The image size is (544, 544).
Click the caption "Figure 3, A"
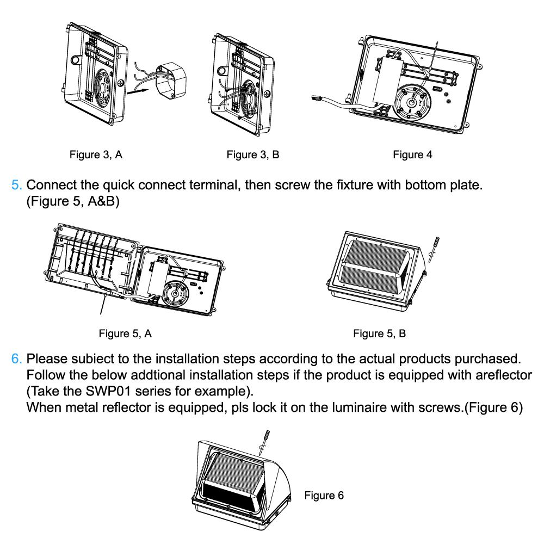point(96,155)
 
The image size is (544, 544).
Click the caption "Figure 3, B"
point(253,155)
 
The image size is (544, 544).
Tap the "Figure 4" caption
point(412,155)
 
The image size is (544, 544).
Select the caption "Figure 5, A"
point(125,333)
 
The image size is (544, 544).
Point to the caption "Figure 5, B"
point(379,333)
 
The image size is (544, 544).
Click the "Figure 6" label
point(324,496)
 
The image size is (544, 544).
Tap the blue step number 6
point(16,360)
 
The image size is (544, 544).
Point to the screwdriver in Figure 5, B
point(433,248)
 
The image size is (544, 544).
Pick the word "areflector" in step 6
point(499,376)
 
